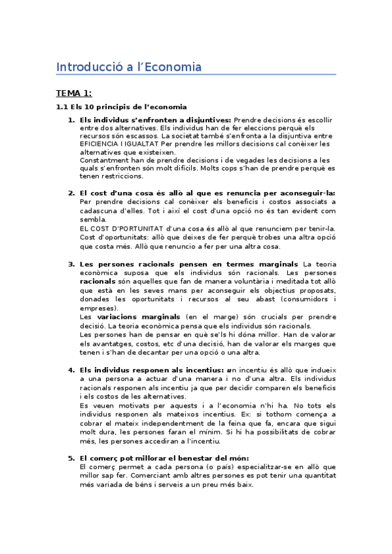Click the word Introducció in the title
tap(83, 67)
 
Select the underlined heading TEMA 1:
tap(74, 93)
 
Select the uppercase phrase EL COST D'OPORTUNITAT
tap(122, 229)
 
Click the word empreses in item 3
tap(98, 308)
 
